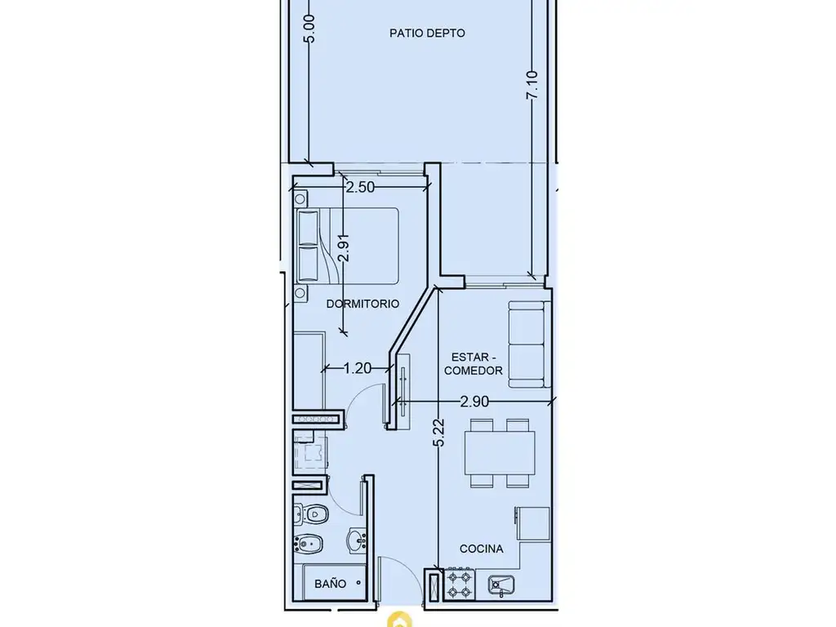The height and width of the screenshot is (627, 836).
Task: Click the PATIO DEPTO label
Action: pos(427,33)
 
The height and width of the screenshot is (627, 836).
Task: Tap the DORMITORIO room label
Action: pos(362,304)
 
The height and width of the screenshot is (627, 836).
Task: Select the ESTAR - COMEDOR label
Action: pos(474,363)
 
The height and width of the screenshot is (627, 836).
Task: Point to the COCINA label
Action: pos(482,549)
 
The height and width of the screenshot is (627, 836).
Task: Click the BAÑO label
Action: pos(330,584)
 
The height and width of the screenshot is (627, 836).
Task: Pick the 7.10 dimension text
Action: pos(532,85)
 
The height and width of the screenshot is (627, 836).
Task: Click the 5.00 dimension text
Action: pos(309,29)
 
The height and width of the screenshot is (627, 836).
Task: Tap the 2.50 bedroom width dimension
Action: pos(360,187)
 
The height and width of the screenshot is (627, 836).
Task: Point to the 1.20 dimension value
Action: pos(358,368)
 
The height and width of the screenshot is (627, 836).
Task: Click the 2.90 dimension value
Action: pos(474,402)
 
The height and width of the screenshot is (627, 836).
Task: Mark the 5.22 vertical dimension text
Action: pos(438,433)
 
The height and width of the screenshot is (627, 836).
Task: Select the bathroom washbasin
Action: pos(356,540)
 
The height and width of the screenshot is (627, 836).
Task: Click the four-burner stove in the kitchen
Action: pos(460,585)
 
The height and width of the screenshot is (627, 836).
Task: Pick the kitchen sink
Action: pos(502,585)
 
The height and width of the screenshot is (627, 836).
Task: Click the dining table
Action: pos(500,452)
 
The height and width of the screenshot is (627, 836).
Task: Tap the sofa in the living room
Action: pos(529,344)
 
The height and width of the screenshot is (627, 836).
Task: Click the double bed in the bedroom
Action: pos(348,246)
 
